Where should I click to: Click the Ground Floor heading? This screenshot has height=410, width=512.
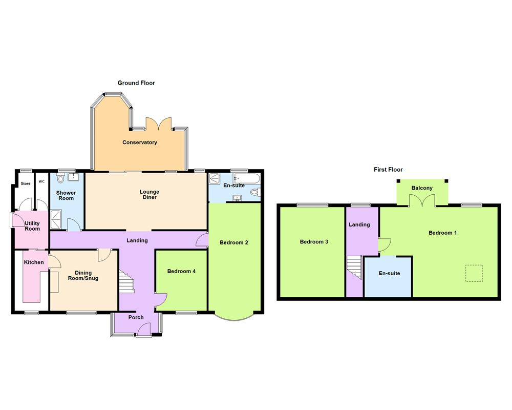pyautogui.click(x=136, y=83)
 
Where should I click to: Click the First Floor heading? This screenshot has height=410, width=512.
pyautogui.click(x=388, y=169)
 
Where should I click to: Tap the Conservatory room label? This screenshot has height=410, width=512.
pyautogui.click(x=139, y=142)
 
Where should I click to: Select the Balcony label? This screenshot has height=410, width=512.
pyautogui.click(x=422, y=188)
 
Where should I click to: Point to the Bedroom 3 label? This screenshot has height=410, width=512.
pyautogui.click(x=314, y=241)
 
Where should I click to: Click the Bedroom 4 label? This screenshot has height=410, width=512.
pyautogui.click(x=181, y=271)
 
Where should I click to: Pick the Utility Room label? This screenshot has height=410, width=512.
pyautogui.click(x=32, y=225)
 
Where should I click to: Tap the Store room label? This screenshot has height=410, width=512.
pyautogui.click(x=26, y=183)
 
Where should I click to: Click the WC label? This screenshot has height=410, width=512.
pyautogui.click(x=41, y=182)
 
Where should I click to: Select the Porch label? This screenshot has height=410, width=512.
pyautogui.click(x=136, y=317)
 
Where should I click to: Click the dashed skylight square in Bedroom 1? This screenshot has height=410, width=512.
pyautogui.click(x=474, y=273)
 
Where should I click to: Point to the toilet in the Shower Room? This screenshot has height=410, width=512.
pyautogui.click(x=61, y=179)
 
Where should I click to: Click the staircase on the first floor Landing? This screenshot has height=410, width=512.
pyautogui.click(x=354, y=265)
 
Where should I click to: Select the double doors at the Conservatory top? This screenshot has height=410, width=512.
pyautogui.click(x=158, y=124)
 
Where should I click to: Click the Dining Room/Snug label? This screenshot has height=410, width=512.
pyautogui.click(x=83, y=275)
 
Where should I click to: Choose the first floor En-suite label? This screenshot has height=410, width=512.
pyautogui.click(x=389, y=273)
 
